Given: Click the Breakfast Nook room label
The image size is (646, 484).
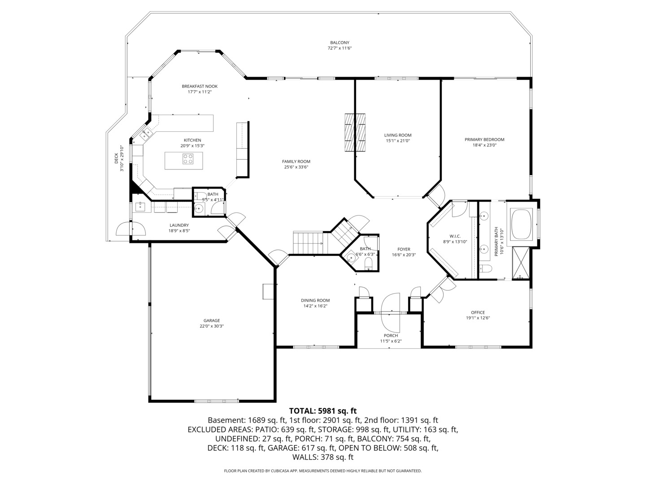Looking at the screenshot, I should (x=200, y=86).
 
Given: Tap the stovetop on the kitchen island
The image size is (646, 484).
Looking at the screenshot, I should (x=188, y=159).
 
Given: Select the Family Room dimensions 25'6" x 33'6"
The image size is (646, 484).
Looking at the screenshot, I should (x=296, y=167).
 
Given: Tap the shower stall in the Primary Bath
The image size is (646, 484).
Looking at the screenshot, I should (x=521, y=263).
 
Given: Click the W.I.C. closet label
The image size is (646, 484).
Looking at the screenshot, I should (x=455, y=236).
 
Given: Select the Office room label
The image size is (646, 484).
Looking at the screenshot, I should (x=478, y=312).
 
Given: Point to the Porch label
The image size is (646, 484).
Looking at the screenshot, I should (x=391, y=335).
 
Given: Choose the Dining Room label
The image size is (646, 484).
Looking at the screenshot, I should (x=315, y=300).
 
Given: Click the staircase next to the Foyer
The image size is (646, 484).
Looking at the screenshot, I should (x=310, y=242).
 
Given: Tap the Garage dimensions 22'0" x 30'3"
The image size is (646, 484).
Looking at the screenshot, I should (x=212, y=326).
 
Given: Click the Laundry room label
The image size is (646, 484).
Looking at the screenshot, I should (x=179, y=225).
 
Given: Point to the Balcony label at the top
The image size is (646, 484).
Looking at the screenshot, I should (x=340, y=43).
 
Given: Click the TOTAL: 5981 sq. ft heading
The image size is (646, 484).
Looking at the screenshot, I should (x=323, y=411).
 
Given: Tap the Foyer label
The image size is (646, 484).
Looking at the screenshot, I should (x=404, y=249).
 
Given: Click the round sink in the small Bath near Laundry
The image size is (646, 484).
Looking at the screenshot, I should (x=199, y=208).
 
